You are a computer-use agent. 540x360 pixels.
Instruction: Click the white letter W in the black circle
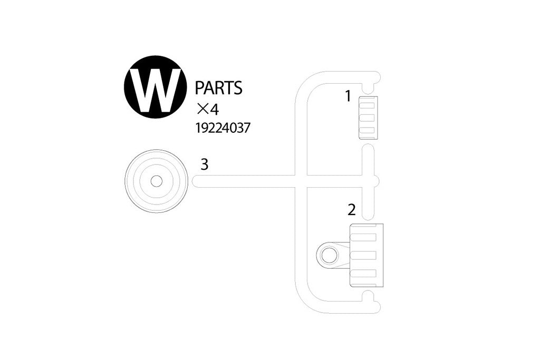(155, 90)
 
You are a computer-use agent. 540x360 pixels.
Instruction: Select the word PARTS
(219, 88)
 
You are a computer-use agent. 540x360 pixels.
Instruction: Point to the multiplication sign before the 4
(201, 110)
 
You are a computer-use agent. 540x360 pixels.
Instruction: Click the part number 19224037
(223, 129)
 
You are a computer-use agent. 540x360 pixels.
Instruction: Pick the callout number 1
(348, 96)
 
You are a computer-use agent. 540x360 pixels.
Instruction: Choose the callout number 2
(351, 210)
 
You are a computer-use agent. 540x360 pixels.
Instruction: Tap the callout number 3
(205, 164)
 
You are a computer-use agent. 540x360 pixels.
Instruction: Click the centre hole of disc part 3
(156, 181)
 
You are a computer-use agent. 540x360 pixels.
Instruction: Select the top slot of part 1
(367, 105)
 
